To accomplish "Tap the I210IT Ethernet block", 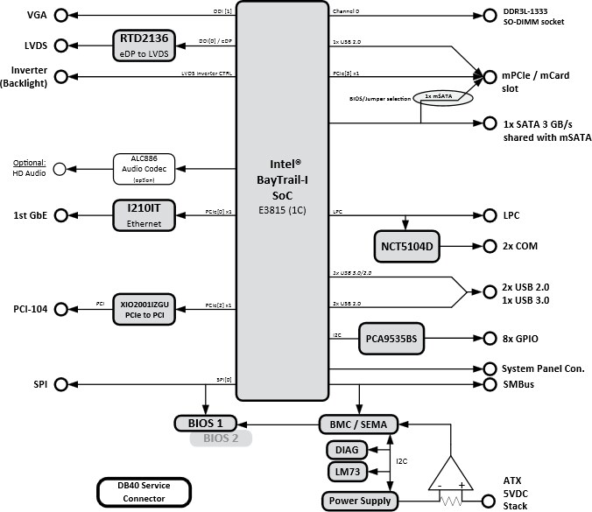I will point(144,214).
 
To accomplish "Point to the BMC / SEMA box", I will point(358,424).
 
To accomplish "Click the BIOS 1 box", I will point(206,424).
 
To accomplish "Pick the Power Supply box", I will point(359,501).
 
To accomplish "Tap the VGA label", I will point(37,16).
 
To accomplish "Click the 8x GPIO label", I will point(521,338).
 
